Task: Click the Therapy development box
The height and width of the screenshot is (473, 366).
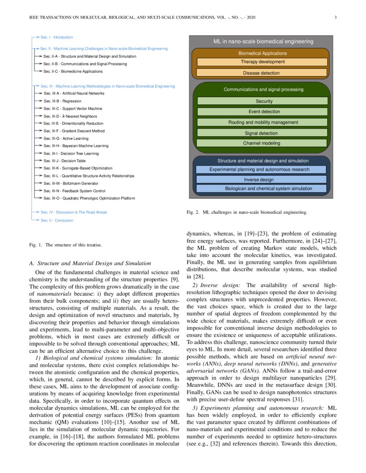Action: click(262, 62)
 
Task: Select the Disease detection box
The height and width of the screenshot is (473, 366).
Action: click(262, 73)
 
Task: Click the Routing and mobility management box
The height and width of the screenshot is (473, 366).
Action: click(263, 122)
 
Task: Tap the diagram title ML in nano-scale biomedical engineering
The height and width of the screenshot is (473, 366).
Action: click(264, 42)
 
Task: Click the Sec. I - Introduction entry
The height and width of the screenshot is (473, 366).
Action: click(56, 37)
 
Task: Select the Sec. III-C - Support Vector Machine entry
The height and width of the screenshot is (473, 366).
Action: click(72, 109)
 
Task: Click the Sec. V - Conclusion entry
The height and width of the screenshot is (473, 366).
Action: click(57, 221)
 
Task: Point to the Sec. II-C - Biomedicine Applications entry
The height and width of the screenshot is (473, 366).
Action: click(73, 71)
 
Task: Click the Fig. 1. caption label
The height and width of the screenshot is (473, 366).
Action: click(35, 245)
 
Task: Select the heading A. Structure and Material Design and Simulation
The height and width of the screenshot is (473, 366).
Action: click(90, 263)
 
